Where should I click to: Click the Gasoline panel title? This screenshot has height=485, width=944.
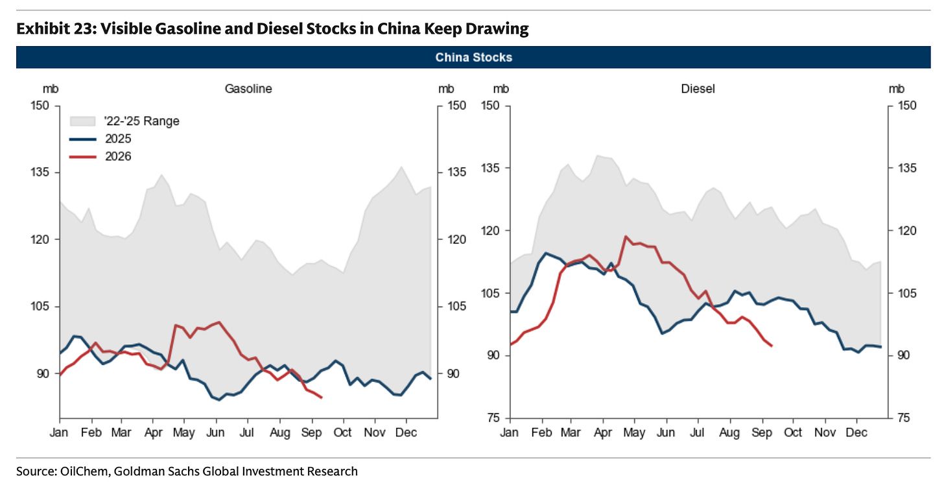[248, 89]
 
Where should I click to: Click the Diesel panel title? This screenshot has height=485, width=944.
[698, 89]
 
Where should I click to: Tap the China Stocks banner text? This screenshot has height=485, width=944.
[474, 57]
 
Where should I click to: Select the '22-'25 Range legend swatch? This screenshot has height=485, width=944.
[82, 121]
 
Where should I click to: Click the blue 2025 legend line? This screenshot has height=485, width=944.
[82, 139]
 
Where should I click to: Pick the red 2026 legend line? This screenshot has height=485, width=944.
[82, 157]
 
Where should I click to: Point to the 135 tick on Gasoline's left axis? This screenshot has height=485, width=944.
[40, 172]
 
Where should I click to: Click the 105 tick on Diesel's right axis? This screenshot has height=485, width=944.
[907, 293]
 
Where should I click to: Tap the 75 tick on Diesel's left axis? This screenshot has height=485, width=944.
[493, 418]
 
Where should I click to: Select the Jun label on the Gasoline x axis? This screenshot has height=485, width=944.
[215, 432]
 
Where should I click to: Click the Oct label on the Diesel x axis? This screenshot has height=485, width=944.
[793, 432]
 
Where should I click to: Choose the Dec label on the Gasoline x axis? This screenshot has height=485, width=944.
[406, 432]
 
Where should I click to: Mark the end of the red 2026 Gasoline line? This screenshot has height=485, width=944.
[322, 397]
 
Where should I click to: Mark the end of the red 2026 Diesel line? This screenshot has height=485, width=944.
[772, 346]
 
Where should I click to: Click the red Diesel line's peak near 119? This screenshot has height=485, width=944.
[626, 237]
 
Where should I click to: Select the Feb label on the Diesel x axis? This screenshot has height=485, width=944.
[541, 432]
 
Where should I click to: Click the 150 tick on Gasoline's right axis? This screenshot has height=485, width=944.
[456, 105]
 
